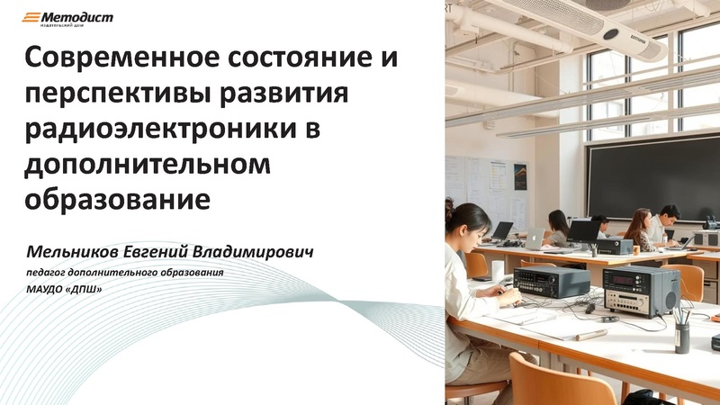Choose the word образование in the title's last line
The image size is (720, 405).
pos(118,197)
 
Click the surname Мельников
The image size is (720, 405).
pos(75,246)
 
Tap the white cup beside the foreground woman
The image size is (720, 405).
pos(498,271)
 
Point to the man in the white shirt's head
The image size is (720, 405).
pos(668,215)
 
